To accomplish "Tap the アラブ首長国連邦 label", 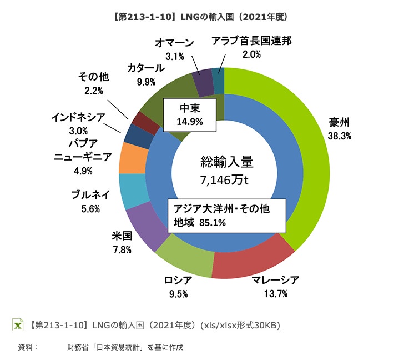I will pyautogui.click(x=251, y=41).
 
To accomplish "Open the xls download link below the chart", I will pyautogui.click(x=156, y=325).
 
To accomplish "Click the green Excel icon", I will pyautogui.click(x=18, y=325).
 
